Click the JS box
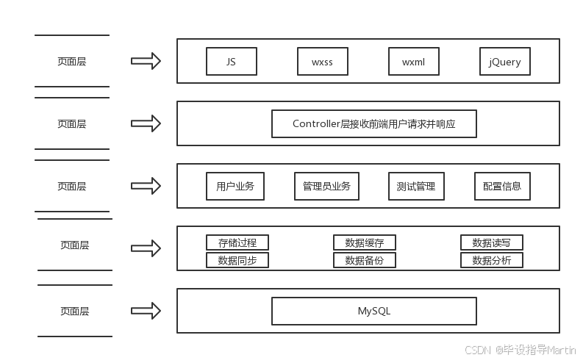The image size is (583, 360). (x=231, y=62)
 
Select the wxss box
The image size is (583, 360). (x=322, y=62)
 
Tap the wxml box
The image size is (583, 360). (x=413, y=62)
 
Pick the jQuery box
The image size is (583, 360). (x=504, y=62)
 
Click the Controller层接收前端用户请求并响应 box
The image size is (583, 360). (x=373, y=123)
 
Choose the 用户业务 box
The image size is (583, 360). (x=235, y=187)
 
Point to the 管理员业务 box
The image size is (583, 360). (x=326, y=187)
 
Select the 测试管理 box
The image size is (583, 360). (x=416, y=187)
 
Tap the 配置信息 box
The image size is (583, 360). (x=502, y=187)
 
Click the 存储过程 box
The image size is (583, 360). (x=237, y=242)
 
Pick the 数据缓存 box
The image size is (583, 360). (x=365, y=242)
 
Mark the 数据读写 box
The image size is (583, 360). (x=492, y=242)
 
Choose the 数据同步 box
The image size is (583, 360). (x=237, y=260)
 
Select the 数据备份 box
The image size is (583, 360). (x=365, y=260)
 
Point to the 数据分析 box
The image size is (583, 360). (x=492, y=260)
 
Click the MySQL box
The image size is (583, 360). (x=373, y=311)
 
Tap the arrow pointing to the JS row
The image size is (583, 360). (x=146, y=61)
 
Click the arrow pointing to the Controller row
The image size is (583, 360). (x=146, y=123)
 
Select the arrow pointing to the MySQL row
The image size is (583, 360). (x=146, y=311)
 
